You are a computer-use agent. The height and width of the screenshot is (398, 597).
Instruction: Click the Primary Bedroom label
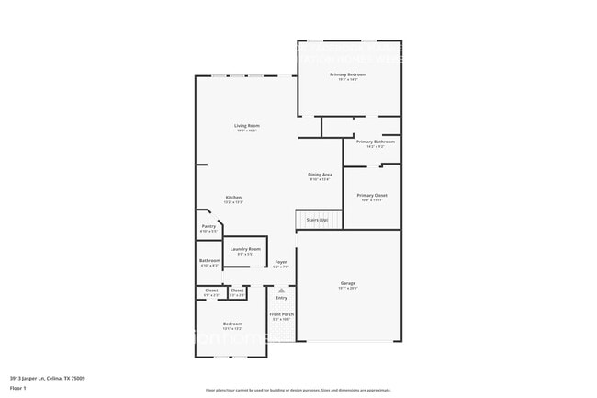click(348, 74)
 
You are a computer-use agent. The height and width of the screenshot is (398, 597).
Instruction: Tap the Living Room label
click(246, 125)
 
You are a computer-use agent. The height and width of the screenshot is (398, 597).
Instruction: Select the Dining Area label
click(320, 174)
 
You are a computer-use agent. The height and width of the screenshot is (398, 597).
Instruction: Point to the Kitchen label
click(234, 198)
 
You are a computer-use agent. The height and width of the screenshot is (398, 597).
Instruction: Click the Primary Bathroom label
click(376, 142)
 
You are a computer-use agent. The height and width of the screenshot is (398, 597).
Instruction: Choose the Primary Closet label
click(372, 195)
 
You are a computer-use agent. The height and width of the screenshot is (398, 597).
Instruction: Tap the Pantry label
click(208, 226)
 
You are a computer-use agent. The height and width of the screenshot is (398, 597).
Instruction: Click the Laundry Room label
click(245, 249)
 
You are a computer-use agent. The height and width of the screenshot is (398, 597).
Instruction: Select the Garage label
click(348, 282)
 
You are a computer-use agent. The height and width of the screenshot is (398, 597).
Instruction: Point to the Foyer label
click(281, 262)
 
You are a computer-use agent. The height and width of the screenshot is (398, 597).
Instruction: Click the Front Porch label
click(280, 314)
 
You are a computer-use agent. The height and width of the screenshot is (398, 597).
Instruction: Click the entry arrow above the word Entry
click(281, 289)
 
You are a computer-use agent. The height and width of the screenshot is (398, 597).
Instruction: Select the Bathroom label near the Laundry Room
click(209, 260)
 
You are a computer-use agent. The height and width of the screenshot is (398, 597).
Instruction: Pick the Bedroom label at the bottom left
click(232, 324)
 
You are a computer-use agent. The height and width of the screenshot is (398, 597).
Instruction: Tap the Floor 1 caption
click(18, 388)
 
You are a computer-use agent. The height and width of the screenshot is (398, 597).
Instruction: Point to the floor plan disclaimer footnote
click(298, 390)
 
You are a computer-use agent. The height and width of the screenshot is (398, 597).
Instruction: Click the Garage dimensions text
click(348, 288)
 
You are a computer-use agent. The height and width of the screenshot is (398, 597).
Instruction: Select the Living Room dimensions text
click(246, 131)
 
